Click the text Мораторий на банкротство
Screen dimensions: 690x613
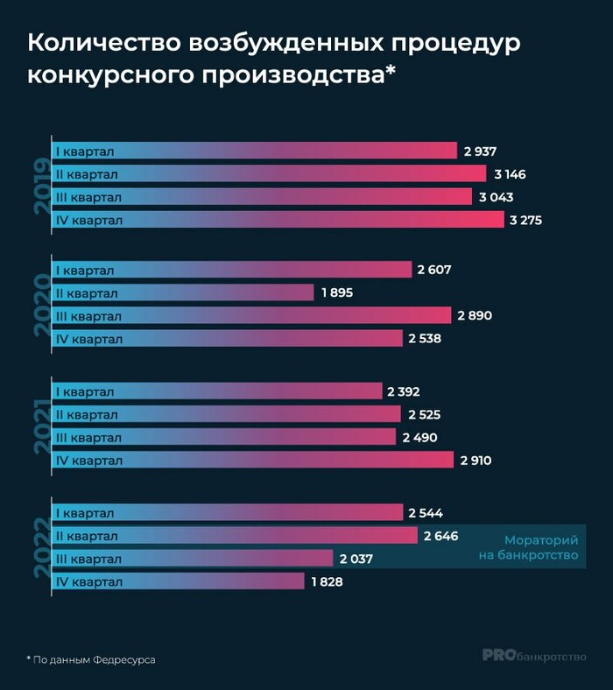click(x=541, y=548)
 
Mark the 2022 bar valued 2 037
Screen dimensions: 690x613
click(x=193, y=559)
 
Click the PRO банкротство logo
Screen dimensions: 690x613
click(x=534, y=655)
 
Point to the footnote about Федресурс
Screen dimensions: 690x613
click(x=91, y=658)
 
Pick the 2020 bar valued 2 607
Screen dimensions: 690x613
click(x=232, y=270)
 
